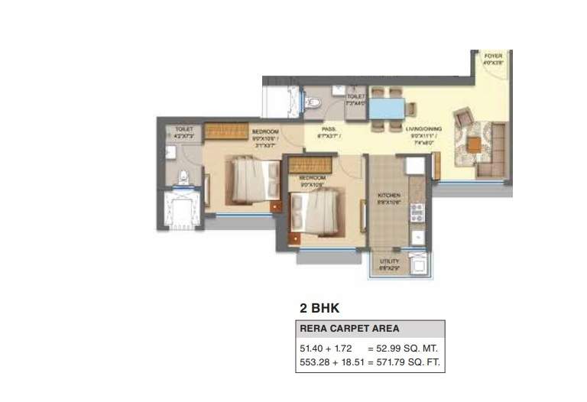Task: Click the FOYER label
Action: point(493,57)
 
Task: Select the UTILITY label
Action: point(389,261)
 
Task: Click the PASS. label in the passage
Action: point(329,130)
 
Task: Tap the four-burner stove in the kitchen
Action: point(417,212)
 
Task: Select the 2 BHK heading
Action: point(319,309)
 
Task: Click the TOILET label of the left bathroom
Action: point(184,131)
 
